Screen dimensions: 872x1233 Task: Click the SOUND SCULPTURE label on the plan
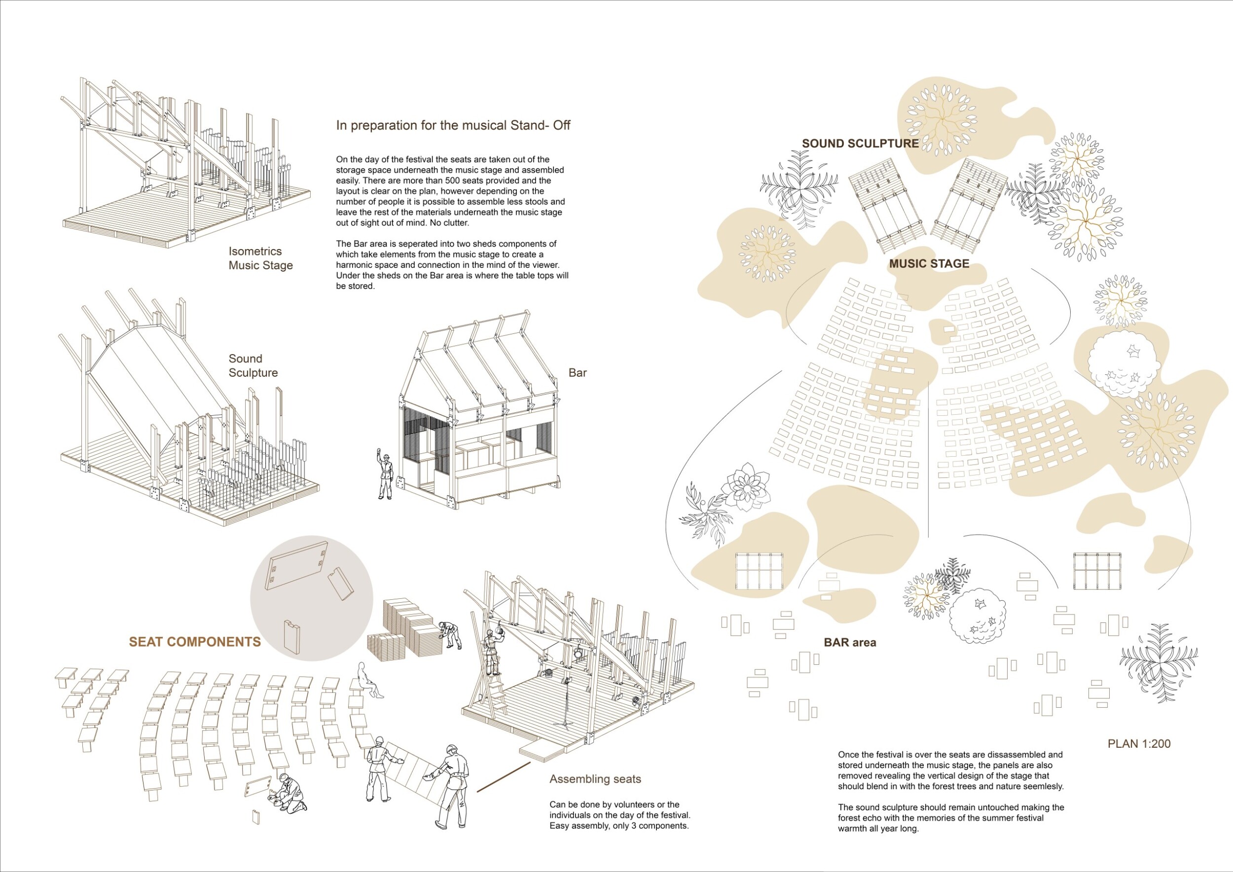click(x=860, y=144)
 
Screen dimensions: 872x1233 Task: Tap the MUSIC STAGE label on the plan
click(x=929, y=264)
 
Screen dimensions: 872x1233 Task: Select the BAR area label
click(x=850, y=642)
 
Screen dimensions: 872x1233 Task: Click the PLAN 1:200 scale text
click(x=1138, y=744)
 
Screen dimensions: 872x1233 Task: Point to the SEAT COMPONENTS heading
click(x=194, y=642)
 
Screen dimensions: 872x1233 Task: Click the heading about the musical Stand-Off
click(x=453, y=125)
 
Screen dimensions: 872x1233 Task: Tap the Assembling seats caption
click(x=595, y=779)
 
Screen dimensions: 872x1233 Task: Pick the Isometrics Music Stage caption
click(x=260, y=258)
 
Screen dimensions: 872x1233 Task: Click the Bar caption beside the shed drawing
click(x=578, y=373)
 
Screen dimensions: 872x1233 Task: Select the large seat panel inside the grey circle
click(x=297, y=564)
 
